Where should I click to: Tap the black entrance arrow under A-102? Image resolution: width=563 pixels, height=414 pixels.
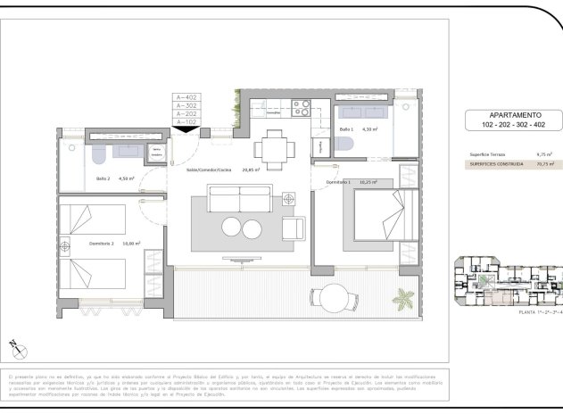[187, 129]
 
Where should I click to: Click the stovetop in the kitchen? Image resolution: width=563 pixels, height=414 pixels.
[301, 108]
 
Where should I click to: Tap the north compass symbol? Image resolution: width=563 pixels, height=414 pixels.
[15, 344]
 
